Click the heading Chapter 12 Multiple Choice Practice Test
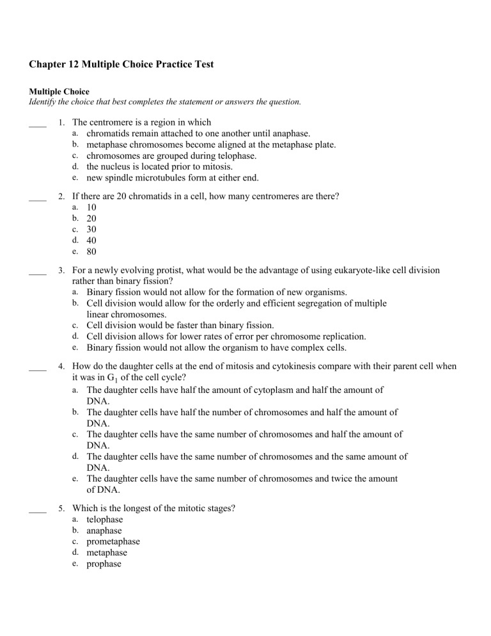click(145, 64)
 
